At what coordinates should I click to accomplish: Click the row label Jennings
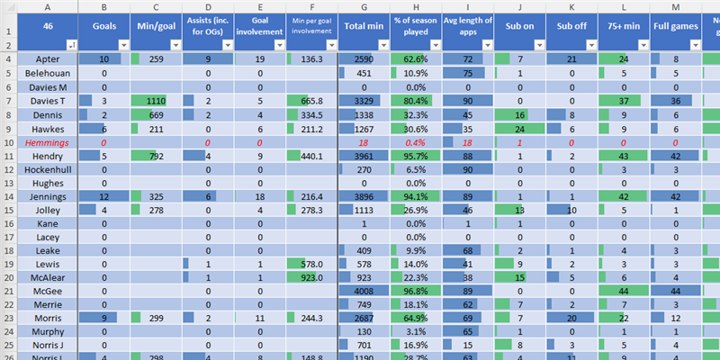[41, 194]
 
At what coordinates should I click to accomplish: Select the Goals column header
[104, 26]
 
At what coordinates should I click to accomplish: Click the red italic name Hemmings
[41, 142]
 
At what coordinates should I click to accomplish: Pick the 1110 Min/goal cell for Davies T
[157, 101]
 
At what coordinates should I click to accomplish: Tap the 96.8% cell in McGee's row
[416, 292]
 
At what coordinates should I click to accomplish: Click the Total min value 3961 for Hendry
[364, 156]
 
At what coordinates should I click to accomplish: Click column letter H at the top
[416, 6]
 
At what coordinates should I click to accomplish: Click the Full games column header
[676, 26]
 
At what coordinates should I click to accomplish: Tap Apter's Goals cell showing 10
[104, 58]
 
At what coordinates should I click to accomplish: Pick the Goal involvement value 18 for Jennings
[259, 194]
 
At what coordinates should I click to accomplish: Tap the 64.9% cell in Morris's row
[416, 318]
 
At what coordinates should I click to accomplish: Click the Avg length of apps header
[468, 26]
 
